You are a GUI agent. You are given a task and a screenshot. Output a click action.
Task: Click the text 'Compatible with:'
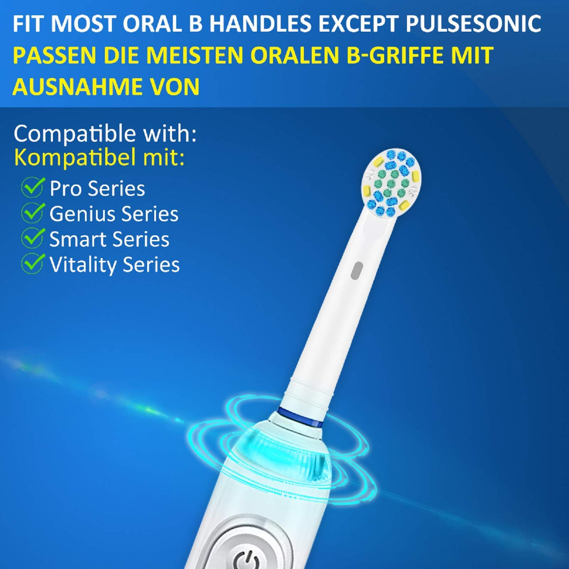pos(105,134)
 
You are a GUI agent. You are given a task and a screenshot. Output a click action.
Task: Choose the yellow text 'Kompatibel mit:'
pos(100,158)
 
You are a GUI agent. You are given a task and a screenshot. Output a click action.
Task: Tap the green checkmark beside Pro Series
pos(33,188)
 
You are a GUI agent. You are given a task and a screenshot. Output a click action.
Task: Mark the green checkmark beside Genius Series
pos(33,213)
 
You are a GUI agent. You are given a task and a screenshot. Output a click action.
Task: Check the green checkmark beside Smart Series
pos(33,239)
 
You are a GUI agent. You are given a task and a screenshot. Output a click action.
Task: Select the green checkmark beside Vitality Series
pos(33,264)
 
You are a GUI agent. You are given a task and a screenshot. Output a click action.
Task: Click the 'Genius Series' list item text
pos(114,214)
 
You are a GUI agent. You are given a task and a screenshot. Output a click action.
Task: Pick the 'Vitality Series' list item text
pos(114,265)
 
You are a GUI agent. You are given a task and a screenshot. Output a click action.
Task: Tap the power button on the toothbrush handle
pos(247,558)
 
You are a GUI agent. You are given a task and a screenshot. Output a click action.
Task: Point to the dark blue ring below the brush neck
pos(302,414)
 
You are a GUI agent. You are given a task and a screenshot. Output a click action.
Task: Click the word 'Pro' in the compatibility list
pos(65,189)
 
